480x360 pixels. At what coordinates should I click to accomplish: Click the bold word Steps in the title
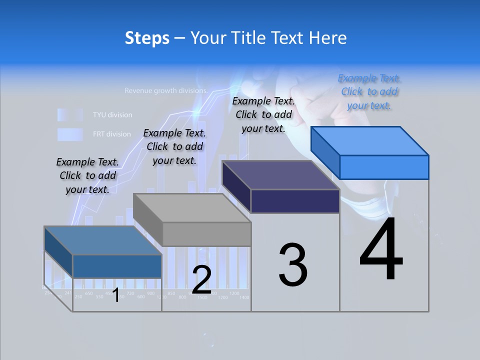pyautogui.click(x=147, y=38)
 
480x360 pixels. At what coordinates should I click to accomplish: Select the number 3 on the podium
pyautogui.click(x=293, y=265)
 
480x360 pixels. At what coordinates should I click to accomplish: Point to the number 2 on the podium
pyautogui.click(x=201, y=280)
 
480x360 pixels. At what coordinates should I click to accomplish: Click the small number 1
pyautogui.click(x=116, y=295)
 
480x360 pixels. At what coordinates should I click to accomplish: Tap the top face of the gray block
pyautogui.click(x=192, y=208)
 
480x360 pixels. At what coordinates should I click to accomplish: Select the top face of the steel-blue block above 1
pyautogui.click(x=103, y=240)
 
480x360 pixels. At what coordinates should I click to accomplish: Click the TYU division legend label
pyautogui.click(x=112, y=115)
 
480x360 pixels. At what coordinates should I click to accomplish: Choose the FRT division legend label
pyautogui.click(x=111, y=134)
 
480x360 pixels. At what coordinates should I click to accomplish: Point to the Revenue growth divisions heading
pyautogui.click(x=165, y=91)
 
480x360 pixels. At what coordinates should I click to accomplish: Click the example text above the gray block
pyautogui.click(x=174, y=146)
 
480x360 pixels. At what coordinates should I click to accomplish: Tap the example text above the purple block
pyautogui.click(x=263, y=114)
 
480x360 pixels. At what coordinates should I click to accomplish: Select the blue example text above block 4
pyautogui.click(x=369, y=91)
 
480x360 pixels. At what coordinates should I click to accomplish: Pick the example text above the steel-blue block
pyautogui.click(x=87, y=175)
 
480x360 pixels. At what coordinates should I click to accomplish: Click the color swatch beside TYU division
pyautogui.click(x=69, y=115)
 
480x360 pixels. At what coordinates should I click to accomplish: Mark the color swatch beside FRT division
pyautogui.click(x=69, y=134)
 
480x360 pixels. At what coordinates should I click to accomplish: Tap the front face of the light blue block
pyautogui.click(x=384, y=167)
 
